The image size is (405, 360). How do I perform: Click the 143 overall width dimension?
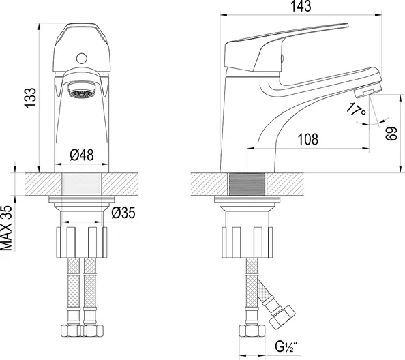pyautogui.click(x=301, y=6)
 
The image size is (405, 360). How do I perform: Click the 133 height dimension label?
pyautogui.click(x=30, y=98)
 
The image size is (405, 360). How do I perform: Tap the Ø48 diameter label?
pyautogui.click(x=82, y=155)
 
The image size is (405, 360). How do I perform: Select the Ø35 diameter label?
pyautogui.click(x=123, y=213)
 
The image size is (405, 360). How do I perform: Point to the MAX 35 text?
pyautogui.click(x=6, y=228)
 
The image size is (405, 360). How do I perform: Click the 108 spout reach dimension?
pyautogui.click(x=308, y=140)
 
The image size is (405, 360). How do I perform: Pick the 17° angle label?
pyautogui.click(x=356, y=110)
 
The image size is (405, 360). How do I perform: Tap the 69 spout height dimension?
pyautogui.click(x=391, y=134)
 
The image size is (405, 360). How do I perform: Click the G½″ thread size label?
pyautogui.click(x=286, y=347)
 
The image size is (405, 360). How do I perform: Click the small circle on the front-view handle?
pyautogui.click(x=82, y=59)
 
